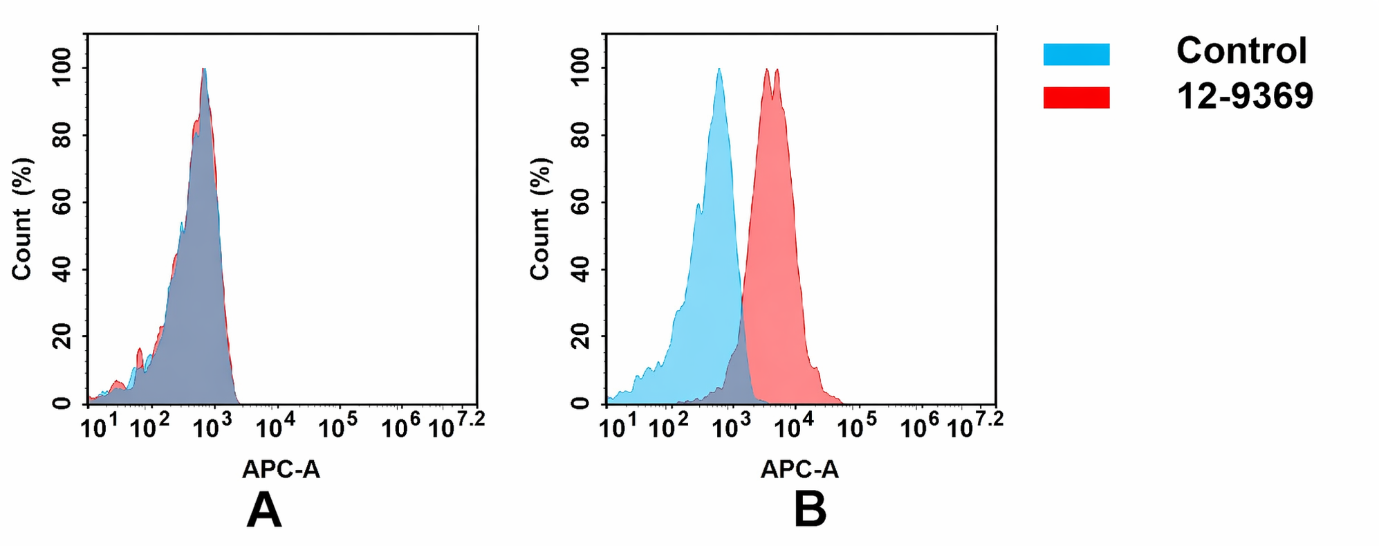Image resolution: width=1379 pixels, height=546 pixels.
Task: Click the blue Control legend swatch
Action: click(x=1076, y=54)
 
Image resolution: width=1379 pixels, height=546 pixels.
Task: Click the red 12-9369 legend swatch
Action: click(x=1076, y=98)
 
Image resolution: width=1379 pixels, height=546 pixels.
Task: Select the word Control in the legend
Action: click(x=1241, y=51)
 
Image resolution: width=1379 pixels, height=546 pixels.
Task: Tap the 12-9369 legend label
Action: click(x=1244, y=95)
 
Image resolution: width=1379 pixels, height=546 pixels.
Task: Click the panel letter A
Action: click(x=264, y=512)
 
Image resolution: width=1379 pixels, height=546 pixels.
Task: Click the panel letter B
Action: click(x=810, y=512)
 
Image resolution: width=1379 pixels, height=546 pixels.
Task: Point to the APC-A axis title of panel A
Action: click(x=281, y=470)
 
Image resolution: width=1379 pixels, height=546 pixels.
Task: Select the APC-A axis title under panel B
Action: click(x=799, y=470)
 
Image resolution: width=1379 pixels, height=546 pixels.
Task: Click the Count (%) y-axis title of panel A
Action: click(x=22, y=219)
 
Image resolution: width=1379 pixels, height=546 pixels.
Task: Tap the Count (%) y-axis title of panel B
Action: click(x=540, y=219)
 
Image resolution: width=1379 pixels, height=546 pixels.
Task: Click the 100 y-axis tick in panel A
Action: click(x=62, y=67)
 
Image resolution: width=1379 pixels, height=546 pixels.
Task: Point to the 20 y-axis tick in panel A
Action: click(x=62, y=336)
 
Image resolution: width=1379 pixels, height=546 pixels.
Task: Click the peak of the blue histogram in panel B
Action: click(x=719, y=69)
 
